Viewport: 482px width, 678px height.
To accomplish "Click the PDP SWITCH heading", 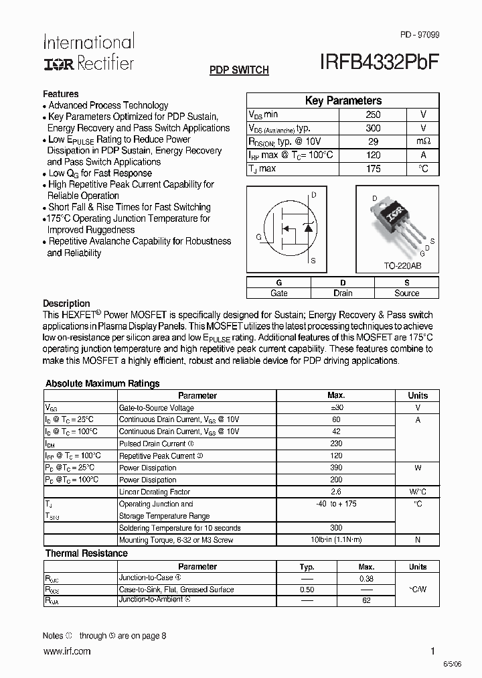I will tap(239, 70).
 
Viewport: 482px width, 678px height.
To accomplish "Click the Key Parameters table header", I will tap(343, 100).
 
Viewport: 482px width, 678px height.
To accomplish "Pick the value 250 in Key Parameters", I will tap(373, 115).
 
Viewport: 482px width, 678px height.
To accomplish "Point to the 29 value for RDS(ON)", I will tap(373, 142).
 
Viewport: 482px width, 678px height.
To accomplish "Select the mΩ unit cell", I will tap(423, 142).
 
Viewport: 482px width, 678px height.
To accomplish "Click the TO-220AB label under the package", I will tap(402, 266).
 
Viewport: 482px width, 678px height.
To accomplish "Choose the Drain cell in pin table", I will tap(343, 293).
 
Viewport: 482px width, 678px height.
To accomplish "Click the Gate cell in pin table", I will tap(278, 293).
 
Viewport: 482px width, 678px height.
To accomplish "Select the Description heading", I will tap(66, 303).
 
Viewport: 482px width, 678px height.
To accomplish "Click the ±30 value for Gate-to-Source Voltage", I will tap(336, 407).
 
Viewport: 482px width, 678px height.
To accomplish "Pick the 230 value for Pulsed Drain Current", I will tap(336, 444).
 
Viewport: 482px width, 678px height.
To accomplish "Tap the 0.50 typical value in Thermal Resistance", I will tap(307, 590).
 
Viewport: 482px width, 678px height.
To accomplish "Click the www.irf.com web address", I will tap(66, 651).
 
